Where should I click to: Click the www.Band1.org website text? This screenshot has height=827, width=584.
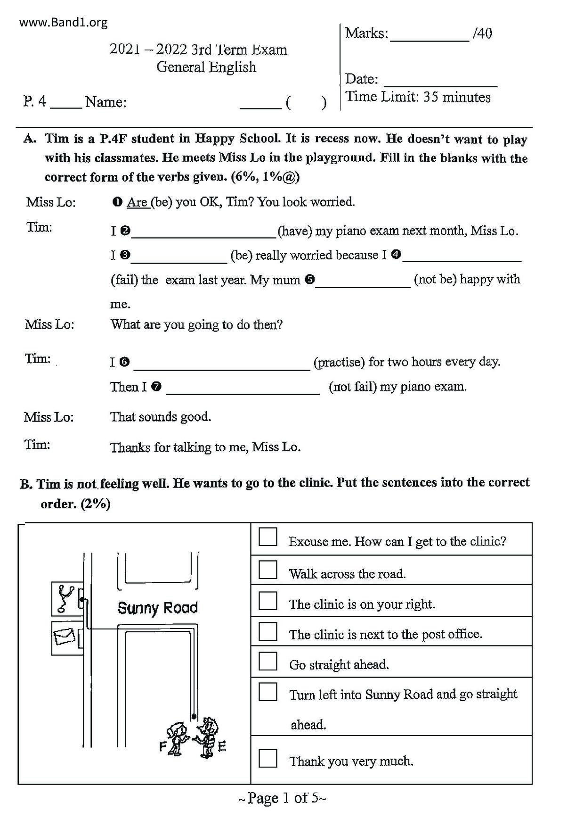[64, 22]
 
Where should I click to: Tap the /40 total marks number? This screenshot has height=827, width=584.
[482, 33]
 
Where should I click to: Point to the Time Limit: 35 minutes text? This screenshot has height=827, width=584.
[418, 97]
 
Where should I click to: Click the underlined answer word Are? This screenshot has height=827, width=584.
[138, 202]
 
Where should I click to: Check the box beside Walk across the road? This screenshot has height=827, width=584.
[268, 570]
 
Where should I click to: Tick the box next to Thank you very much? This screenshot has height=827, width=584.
[268, 758]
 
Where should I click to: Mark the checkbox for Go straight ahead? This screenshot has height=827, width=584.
[268, 661]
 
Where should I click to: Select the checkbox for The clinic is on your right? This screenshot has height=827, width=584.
[268, 601]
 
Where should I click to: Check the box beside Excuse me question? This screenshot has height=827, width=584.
[268, 537]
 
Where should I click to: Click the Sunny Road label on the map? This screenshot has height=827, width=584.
[157, 608]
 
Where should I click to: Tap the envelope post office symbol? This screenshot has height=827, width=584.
[65, 637]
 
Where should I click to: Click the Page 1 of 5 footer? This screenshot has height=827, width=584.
[282, 798]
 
